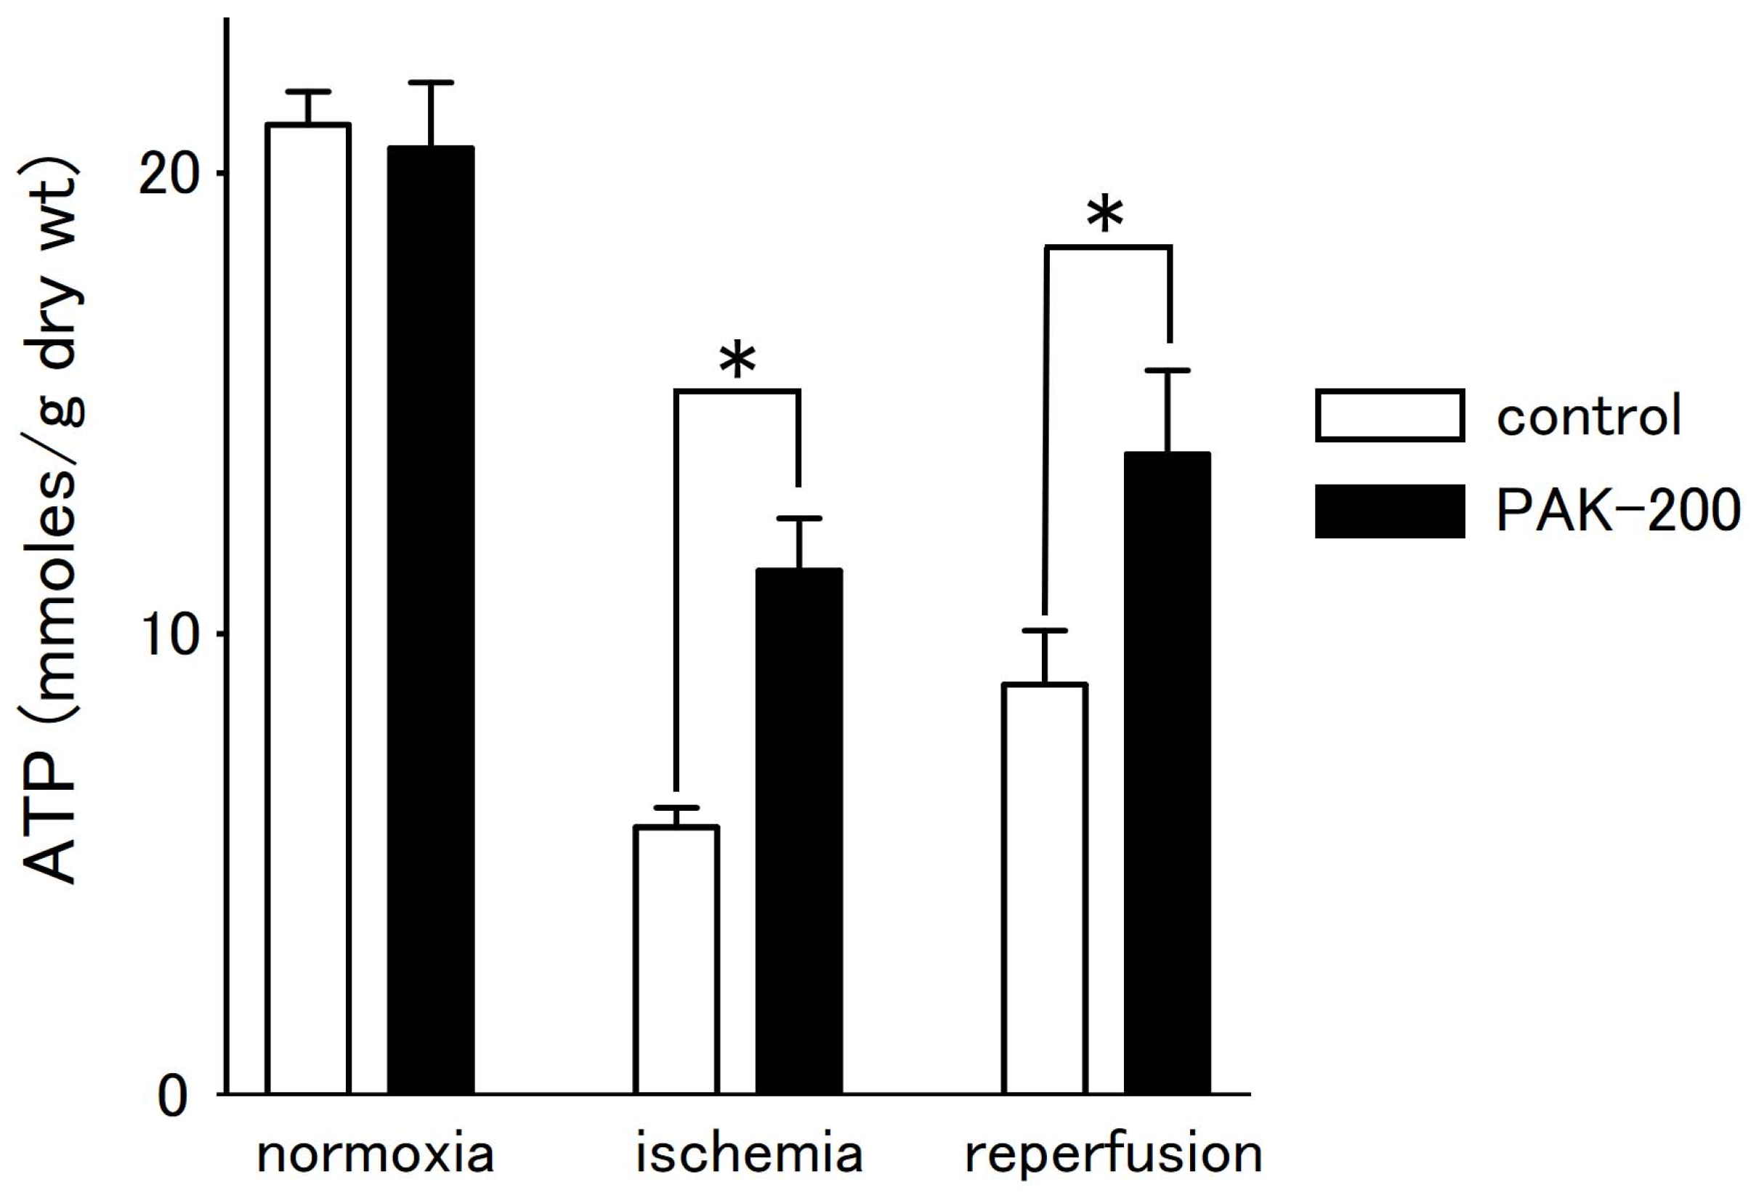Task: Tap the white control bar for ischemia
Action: [x=676, y=960]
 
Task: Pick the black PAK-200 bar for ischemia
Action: [x=798, y=831]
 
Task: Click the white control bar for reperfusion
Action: [x=1044, y=888]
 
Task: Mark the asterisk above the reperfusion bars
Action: [x=1106, y=216]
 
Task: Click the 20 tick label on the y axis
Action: [x=172, y=174]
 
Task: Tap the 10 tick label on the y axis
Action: [x=172, y=636]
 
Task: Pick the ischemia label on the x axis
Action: [x=748, y=1154]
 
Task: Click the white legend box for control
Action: [x=1390, y=415]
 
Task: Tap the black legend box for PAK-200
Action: [x=1390, y=511]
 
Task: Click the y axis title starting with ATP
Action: [x=52, y=522]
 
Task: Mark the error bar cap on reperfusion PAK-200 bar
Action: [x=1168, y=371]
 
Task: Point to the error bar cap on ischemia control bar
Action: [x=676, y=808]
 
